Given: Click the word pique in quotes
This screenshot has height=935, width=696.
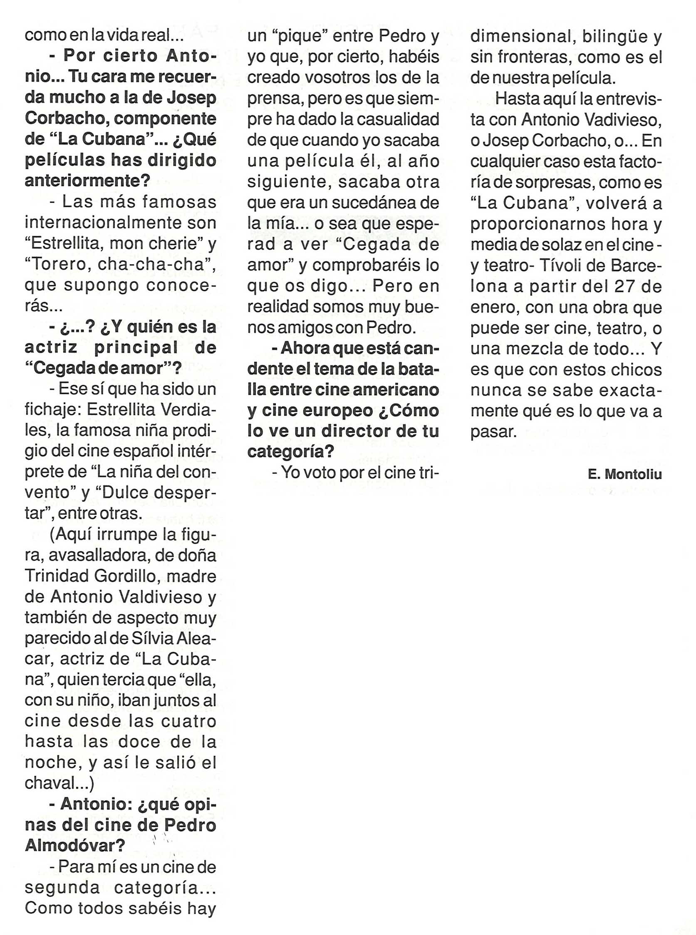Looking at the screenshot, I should (x=300, y=37).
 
